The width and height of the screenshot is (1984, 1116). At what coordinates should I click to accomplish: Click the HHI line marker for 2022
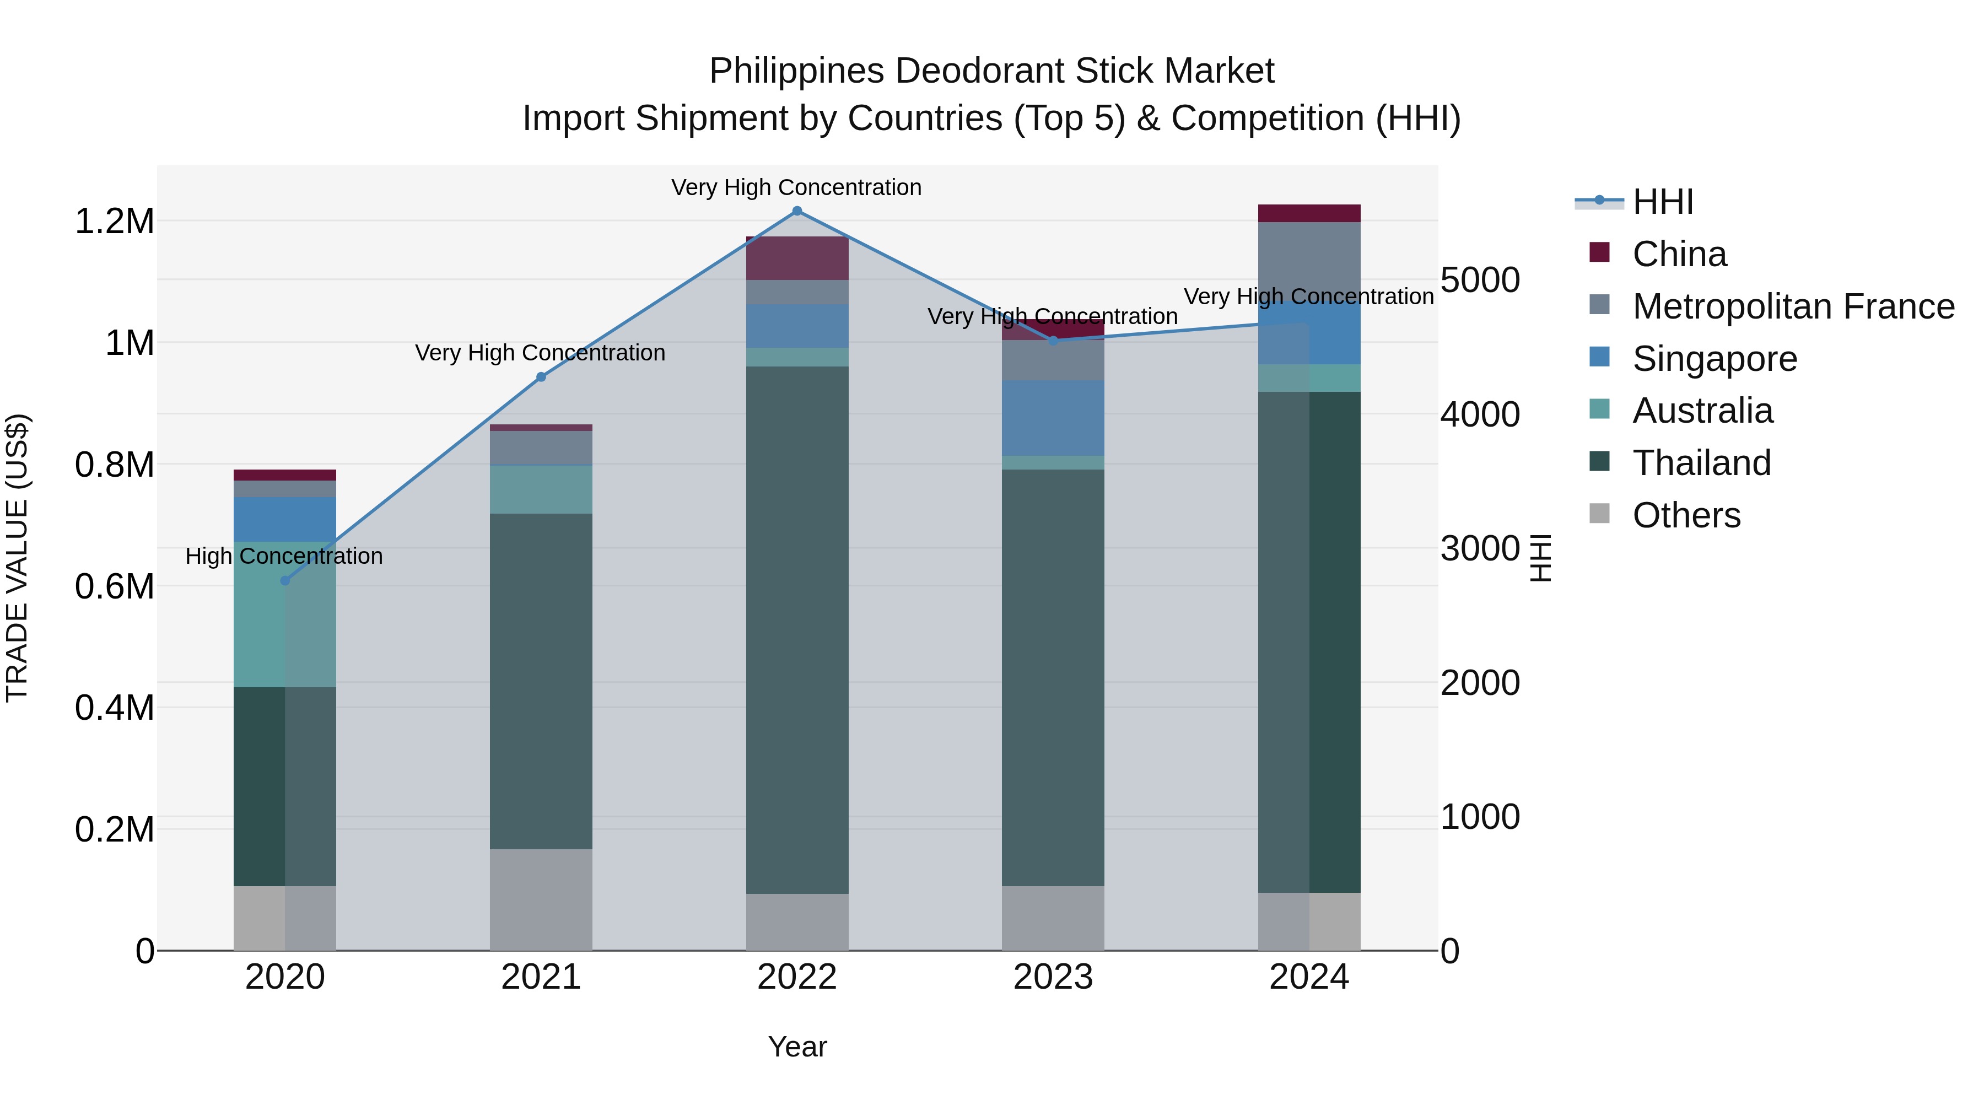coord(797,211)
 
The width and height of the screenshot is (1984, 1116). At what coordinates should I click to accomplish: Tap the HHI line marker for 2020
coord(285,581)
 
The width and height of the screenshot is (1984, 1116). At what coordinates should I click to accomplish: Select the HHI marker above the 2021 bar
coord(541,378)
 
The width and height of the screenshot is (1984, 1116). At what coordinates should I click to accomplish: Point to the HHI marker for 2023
coord(1053,341)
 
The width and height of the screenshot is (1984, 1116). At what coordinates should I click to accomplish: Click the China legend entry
coord(1679,254)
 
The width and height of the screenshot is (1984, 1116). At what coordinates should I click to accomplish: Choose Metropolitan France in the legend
coord(1793,306)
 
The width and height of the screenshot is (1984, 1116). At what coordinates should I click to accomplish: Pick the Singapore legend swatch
coord(1600,357)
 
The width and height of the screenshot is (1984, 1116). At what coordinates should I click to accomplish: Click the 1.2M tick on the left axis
coord(114,222)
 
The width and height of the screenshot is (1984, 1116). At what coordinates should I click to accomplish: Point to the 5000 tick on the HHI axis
coord(1480,281)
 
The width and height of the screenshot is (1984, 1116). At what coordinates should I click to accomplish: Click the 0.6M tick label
coord(114,587)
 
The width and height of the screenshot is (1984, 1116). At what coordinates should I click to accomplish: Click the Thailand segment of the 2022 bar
coord(797,630)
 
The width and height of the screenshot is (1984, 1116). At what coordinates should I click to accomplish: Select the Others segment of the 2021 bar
coord(541,899)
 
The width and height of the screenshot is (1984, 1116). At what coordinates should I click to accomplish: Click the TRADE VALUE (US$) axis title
coord(17,558)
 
